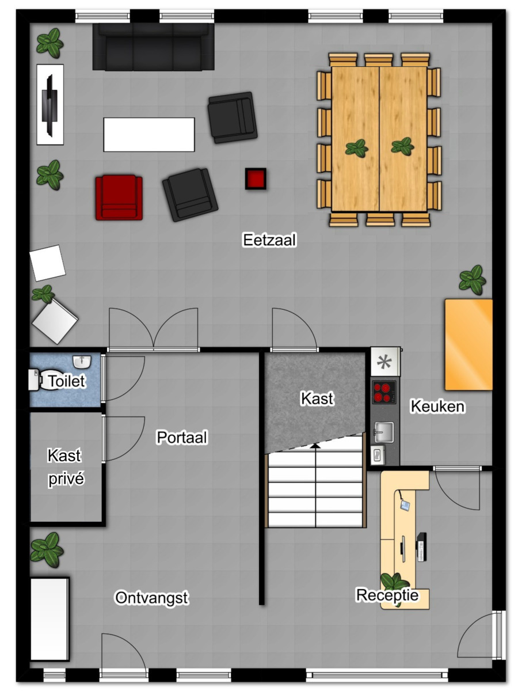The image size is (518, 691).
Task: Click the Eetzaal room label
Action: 269,240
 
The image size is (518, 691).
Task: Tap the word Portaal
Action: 182,437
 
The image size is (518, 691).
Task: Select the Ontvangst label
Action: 151,598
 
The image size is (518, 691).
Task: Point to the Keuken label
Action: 437,406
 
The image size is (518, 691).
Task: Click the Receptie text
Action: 387,595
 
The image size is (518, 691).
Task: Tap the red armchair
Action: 119,198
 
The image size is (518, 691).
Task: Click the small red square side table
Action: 256,179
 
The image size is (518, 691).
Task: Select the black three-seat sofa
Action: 153,47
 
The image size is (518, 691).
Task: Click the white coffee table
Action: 149,135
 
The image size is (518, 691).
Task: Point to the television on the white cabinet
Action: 49,105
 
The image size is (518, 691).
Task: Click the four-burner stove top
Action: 384,392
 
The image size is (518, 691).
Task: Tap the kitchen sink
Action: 384,432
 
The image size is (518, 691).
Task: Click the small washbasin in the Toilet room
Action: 82,362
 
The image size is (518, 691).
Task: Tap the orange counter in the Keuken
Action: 469,345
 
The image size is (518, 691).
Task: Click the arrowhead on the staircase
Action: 315,445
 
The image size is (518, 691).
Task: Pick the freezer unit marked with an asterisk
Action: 385,362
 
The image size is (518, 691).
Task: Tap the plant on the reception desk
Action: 395,581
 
